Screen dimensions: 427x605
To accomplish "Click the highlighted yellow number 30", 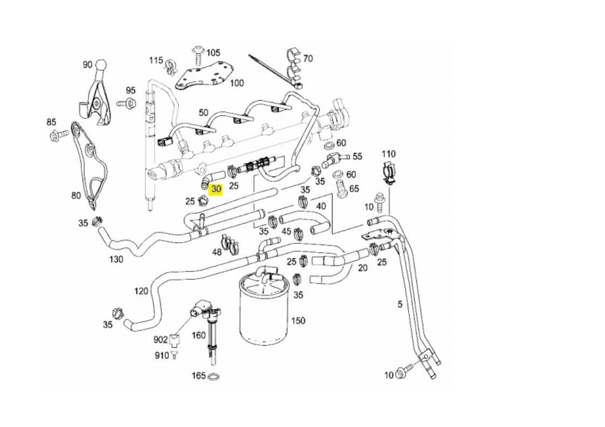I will [x=216, y=189].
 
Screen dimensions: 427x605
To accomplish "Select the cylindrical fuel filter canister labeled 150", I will [x=263, y=312].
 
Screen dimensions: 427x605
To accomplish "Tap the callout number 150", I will [x=298, y=320].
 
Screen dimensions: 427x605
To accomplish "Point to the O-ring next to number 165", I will [x=214, y=376].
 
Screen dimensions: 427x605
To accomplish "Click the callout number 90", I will [x=87, y=64].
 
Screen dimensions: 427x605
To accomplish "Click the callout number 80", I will [x=76, y=195].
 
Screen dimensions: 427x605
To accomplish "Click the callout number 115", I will [x=156, y=60].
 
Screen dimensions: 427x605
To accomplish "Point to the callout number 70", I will [x=308, y=58].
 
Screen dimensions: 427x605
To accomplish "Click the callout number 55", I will [x=357, y=157].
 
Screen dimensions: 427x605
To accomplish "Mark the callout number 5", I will [x=400, y=304].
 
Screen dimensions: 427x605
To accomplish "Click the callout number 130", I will [x=116, y=259].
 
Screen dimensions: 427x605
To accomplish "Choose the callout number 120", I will [x=141, y=291].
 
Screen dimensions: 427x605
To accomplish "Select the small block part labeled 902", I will [x=175, y=340].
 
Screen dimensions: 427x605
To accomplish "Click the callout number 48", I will [x=217, y=251].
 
